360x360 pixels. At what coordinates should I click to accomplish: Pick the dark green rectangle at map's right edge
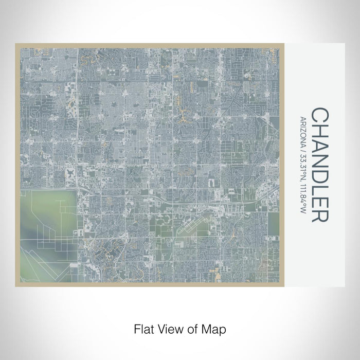274,222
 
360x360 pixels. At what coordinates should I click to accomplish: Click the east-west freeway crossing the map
154,196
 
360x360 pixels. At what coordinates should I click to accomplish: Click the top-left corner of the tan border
16,45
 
